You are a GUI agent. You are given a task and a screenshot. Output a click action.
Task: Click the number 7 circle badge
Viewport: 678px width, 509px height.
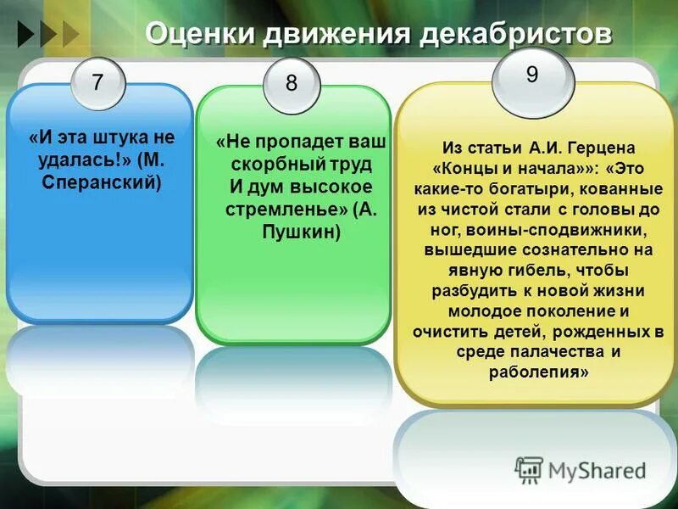(x=97, y=82)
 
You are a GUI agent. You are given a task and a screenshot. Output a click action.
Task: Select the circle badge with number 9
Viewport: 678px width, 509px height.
(x=531, y=76)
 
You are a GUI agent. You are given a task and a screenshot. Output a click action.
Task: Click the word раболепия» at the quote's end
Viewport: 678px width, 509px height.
(x=538, y=372)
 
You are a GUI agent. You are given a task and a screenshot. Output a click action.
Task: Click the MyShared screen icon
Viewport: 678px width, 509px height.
(x=529, y=469)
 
